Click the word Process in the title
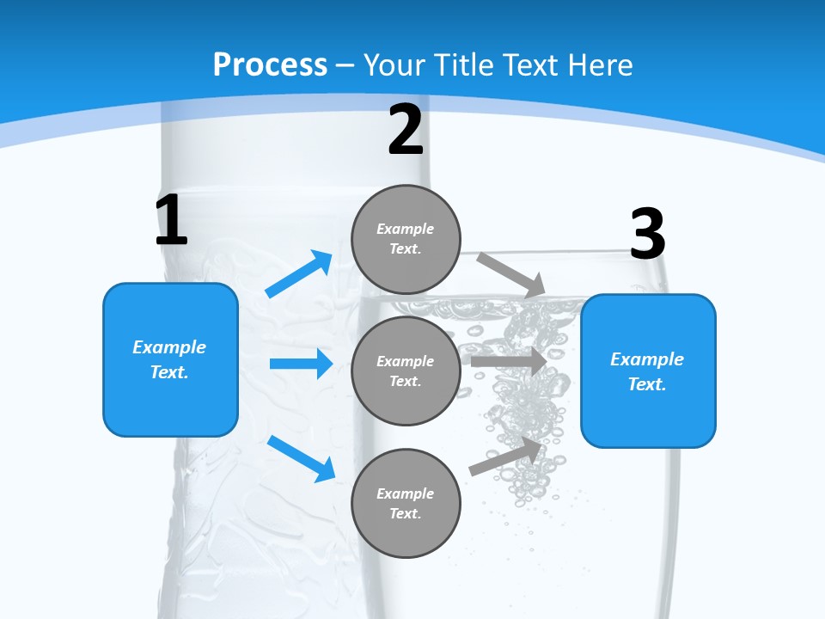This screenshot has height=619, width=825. [x=270, y=65]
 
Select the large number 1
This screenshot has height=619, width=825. [x=171, y=220]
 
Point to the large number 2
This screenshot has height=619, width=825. [x=405, y=130]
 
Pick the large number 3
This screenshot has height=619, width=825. [x=647, y=234]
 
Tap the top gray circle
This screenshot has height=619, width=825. [x=406, y=239]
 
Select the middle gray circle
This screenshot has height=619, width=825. [x=406, y=371]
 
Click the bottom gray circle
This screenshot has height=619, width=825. [x=406, y=503]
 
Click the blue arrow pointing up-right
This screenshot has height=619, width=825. [x=299, y=274]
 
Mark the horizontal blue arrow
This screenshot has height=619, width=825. [x=301, y=364]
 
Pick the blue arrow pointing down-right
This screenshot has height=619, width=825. [x=302, y=457]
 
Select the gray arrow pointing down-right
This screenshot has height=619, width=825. [x=510, y=274]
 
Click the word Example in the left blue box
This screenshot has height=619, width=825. [x=169, y=347]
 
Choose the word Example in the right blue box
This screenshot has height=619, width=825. [x=647, y=359]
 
